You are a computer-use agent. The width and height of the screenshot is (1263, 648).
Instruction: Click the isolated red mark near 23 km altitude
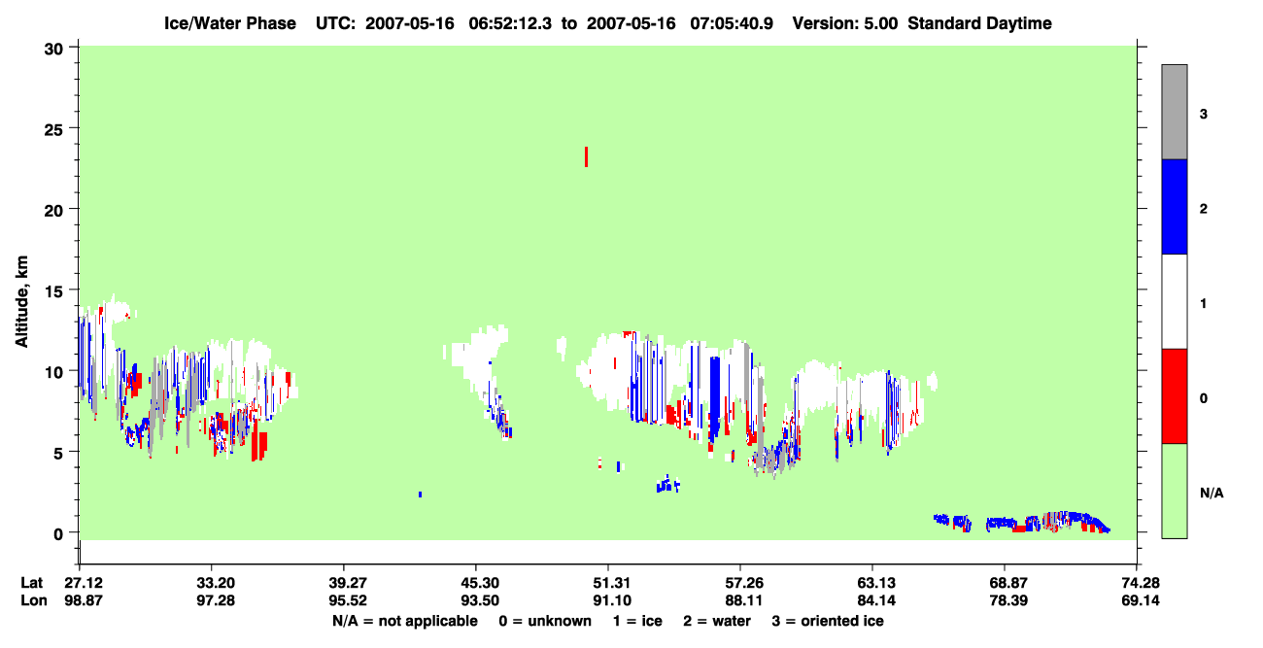(587, 156)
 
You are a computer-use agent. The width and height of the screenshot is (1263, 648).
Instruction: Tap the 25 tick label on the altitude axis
(53, 129)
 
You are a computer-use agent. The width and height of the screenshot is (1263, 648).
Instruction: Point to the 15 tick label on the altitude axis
(53, 291)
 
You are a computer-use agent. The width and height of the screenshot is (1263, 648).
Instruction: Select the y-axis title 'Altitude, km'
(21, 301)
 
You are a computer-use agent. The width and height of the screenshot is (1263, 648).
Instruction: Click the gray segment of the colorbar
(1175, 112)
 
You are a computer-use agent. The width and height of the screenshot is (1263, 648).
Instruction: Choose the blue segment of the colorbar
(1175, 206)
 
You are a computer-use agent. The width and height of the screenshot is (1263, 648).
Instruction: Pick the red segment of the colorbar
(1175, 396)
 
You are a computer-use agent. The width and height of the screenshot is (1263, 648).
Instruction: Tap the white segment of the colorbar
(1175, 302)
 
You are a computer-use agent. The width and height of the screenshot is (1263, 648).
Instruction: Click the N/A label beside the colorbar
(1212, 494)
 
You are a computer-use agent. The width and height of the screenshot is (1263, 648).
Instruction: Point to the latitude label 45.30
(480, 583)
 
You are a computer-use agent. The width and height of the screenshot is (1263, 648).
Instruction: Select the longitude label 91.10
(612, 600)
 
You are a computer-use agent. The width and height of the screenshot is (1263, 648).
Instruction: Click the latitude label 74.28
(1140, 583)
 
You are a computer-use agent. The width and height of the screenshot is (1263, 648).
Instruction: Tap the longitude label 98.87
(84, 600)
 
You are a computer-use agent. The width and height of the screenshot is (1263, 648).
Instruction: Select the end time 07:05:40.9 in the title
(732, 23)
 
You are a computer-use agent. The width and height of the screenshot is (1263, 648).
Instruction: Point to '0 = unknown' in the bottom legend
(545, 621)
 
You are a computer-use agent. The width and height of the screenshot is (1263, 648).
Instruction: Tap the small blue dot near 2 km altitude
(420, 495)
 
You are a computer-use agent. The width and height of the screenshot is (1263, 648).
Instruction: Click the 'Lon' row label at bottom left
(34, 600)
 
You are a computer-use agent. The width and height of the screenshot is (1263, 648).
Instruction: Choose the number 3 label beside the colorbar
(1204, 114)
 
